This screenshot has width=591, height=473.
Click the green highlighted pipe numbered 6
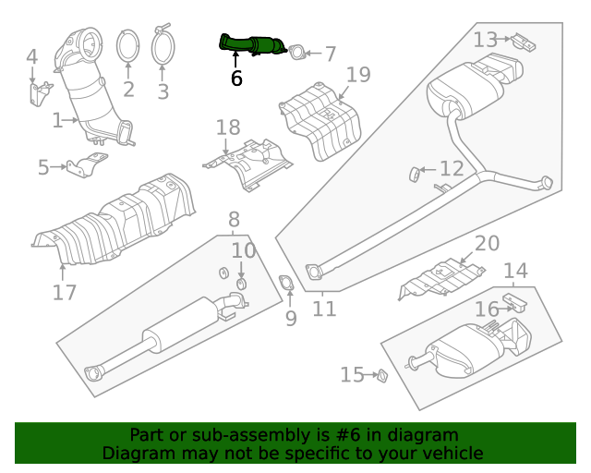(255, 45)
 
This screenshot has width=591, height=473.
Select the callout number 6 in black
(236, 79)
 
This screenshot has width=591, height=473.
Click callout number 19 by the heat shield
(358, 74)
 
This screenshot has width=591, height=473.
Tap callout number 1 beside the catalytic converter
(58, 119)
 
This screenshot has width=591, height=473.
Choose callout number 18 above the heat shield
(227, 127)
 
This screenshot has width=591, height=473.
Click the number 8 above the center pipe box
(234, 220)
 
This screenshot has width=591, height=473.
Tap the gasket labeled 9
(287, 285)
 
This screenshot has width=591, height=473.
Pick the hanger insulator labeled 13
(525, 42)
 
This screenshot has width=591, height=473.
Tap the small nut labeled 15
(379, 375)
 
